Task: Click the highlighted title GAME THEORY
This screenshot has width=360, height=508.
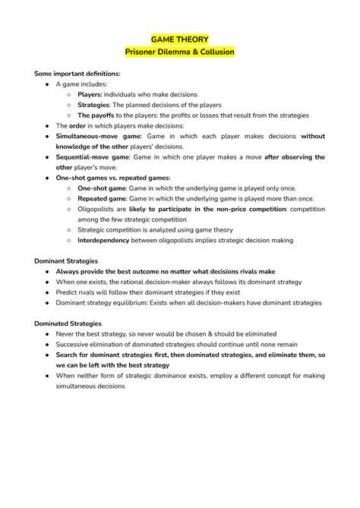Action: pyautogui.click(x=180, y=39)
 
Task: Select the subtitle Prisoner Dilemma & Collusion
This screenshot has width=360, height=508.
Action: pyautogui.click(x=180, y=52)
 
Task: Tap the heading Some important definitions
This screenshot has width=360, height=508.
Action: pyautogui.click(x=77, y=74)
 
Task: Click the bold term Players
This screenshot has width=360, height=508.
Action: pyautogui.click(x=90, y=95)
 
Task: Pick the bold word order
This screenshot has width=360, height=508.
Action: pyautogui.click(x=77, y=126)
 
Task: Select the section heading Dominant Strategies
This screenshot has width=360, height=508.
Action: pyautogui.click(x=71, y=260)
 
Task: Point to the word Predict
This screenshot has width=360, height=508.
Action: pyautogui.click(x=68, y=292)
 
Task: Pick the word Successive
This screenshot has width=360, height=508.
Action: pyautogui.click(x=74, y=344)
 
